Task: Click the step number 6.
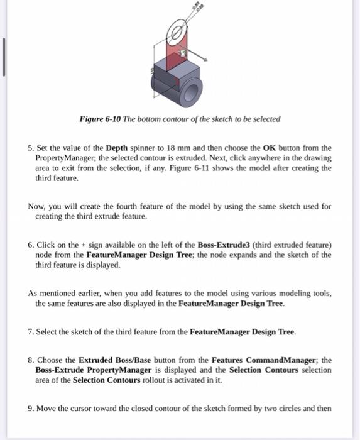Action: (x=30, y=245)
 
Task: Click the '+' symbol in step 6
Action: (x=84, y=245)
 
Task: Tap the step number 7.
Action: (x=30, y=331)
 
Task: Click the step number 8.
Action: (x=30, y=360)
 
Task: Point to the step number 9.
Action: (x=30, y=409)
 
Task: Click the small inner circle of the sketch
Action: (x=177, y=31)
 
